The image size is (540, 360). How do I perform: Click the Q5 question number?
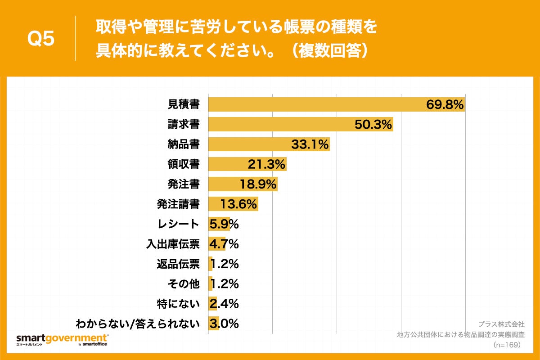41,39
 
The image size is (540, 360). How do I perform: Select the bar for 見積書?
315,104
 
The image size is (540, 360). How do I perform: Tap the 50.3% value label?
373,125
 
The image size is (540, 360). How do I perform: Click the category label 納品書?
184,144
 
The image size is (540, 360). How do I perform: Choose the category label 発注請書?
178,204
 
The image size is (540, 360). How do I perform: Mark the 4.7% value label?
224,244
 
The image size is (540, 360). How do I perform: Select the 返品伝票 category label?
178,264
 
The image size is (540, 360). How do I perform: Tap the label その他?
184,283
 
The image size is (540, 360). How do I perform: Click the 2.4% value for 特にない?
224,304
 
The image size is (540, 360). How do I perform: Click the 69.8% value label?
445,105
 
